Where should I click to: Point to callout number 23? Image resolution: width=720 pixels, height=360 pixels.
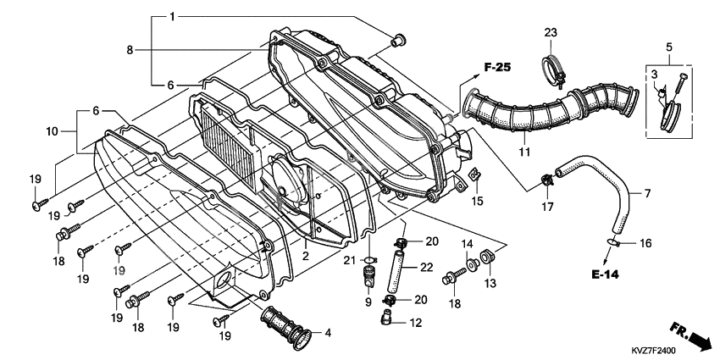pyautogui.click(x=551, y=32)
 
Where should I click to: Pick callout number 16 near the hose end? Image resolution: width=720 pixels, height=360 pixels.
pyautogui.click(x=645, y=243)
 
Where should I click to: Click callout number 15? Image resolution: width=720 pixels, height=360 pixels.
pyautogui.click(x=478, y=201)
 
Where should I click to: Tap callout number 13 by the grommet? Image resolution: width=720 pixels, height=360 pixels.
pyautogui.click(x=489, y=282)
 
